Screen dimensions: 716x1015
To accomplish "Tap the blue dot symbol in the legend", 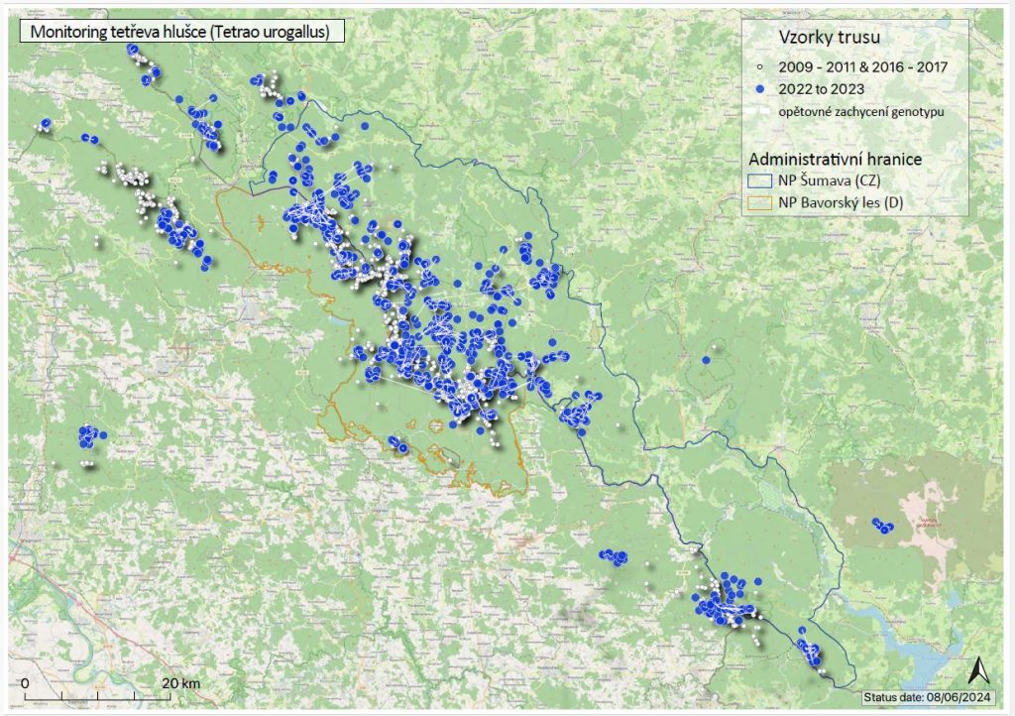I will (x=758, y=89).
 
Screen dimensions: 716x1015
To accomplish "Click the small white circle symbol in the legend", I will (x=758, y=66).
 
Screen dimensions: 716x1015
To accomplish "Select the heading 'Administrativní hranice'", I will (x=840, y=159).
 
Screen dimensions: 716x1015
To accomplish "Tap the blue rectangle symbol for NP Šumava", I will (x=759, y=179).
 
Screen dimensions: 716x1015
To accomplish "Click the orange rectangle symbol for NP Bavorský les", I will (x=759, y=201).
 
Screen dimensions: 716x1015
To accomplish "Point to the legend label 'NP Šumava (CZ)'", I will (x=830, y=179).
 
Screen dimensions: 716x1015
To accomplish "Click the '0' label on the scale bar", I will (x=24, y=684).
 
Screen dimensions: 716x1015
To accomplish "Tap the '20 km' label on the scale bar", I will (x=181, y=684).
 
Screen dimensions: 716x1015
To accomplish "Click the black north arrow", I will (x=975, y=669).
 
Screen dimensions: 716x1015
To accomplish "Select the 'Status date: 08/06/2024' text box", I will (x=930, y=697).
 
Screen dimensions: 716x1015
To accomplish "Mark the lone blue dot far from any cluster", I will (x=706, y=360).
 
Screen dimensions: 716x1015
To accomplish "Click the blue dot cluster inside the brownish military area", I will (x=881, y=525).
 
